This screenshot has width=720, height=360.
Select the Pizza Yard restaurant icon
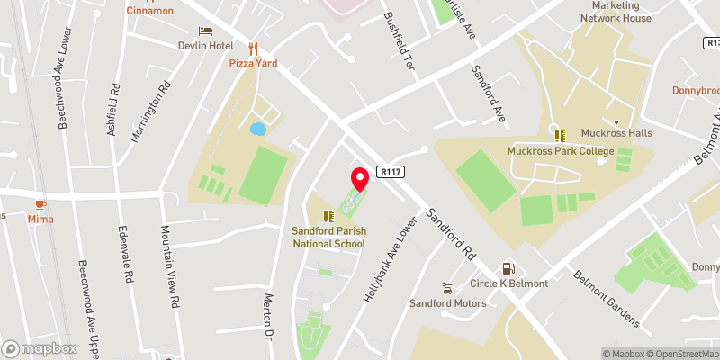point(253,49)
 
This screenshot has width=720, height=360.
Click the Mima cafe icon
point(40,204)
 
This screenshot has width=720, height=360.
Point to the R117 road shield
point(390,170)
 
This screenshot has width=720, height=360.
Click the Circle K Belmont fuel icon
point(508,268)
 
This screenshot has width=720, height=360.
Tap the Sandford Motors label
point(447,303)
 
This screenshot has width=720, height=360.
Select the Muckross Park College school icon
point(559,136)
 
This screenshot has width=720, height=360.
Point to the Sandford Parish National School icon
point(328,215)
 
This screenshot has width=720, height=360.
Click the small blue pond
point(258,130)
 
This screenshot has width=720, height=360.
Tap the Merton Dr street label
point(268,318)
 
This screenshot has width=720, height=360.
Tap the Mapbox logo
point(40,348)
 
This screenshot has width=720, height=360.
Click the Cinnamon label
point(150,11)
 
